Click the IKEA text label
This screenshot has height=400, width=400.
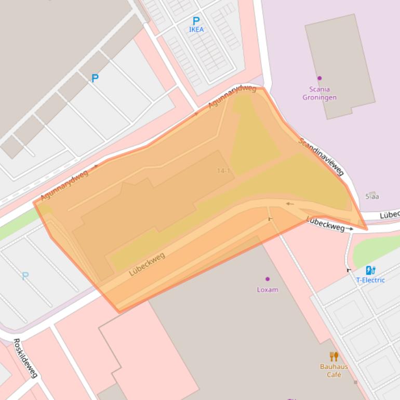pos(196,30)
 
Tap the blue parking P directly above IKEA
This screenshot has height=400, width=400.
pos(196,21)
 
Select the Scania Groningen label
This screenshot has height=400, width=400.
pos(319,94)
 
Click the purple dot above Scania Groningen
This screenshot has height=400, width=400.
pos(319,78)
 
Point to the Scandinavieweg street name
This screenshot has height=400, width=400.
pos(322,156)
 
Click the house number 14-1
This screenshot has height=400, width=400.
pos(223,171)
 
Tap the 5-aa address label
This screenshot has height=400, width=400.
pos(372,196)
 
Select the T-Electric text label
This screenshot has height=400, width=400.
pos(370,280)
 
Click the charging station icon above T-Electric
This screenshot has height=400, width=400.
pos(370,270)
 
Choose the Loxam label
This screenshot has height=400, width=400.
pos(268,290)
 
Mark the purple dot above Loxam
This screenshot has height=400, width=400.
pos(268,279)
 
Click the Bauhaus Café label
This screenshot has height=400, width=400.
pos(334,370)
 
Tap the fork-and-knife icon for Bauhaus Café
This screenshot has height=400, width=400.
pos(334,356)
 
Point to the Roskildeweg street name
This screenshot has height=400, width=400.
pos(25,358)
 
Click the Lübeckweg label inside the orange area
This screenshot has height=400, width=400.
pos(147,264)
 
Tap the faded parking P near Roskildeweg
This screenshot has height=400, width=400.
pos(25,276)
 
